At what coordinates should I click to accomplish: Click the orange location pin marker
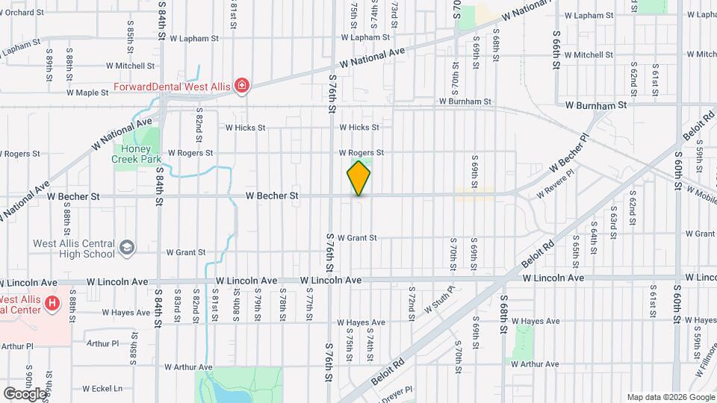[358, 178]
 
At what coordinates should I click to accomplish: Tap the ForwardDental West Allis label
[171, 87]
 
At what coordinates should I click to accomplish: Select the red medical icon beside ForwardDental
[241, 87]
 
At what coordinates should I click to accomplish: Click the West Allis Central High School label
[73, 249]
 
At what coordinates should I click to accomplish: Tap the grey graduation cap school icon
[128, 246]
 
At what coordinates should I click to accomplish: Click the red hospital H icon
[52, 303]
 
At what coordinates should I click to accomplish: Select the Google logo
[25, 393]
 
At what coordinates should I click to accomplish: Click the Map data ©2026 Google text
[670, 397]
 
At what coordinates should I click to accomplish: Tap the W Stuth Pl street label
[439, 299]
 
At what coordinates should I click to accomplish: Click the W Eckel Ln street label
[102, 388]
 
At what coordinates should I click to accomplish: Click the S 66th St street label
[556, 49]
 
